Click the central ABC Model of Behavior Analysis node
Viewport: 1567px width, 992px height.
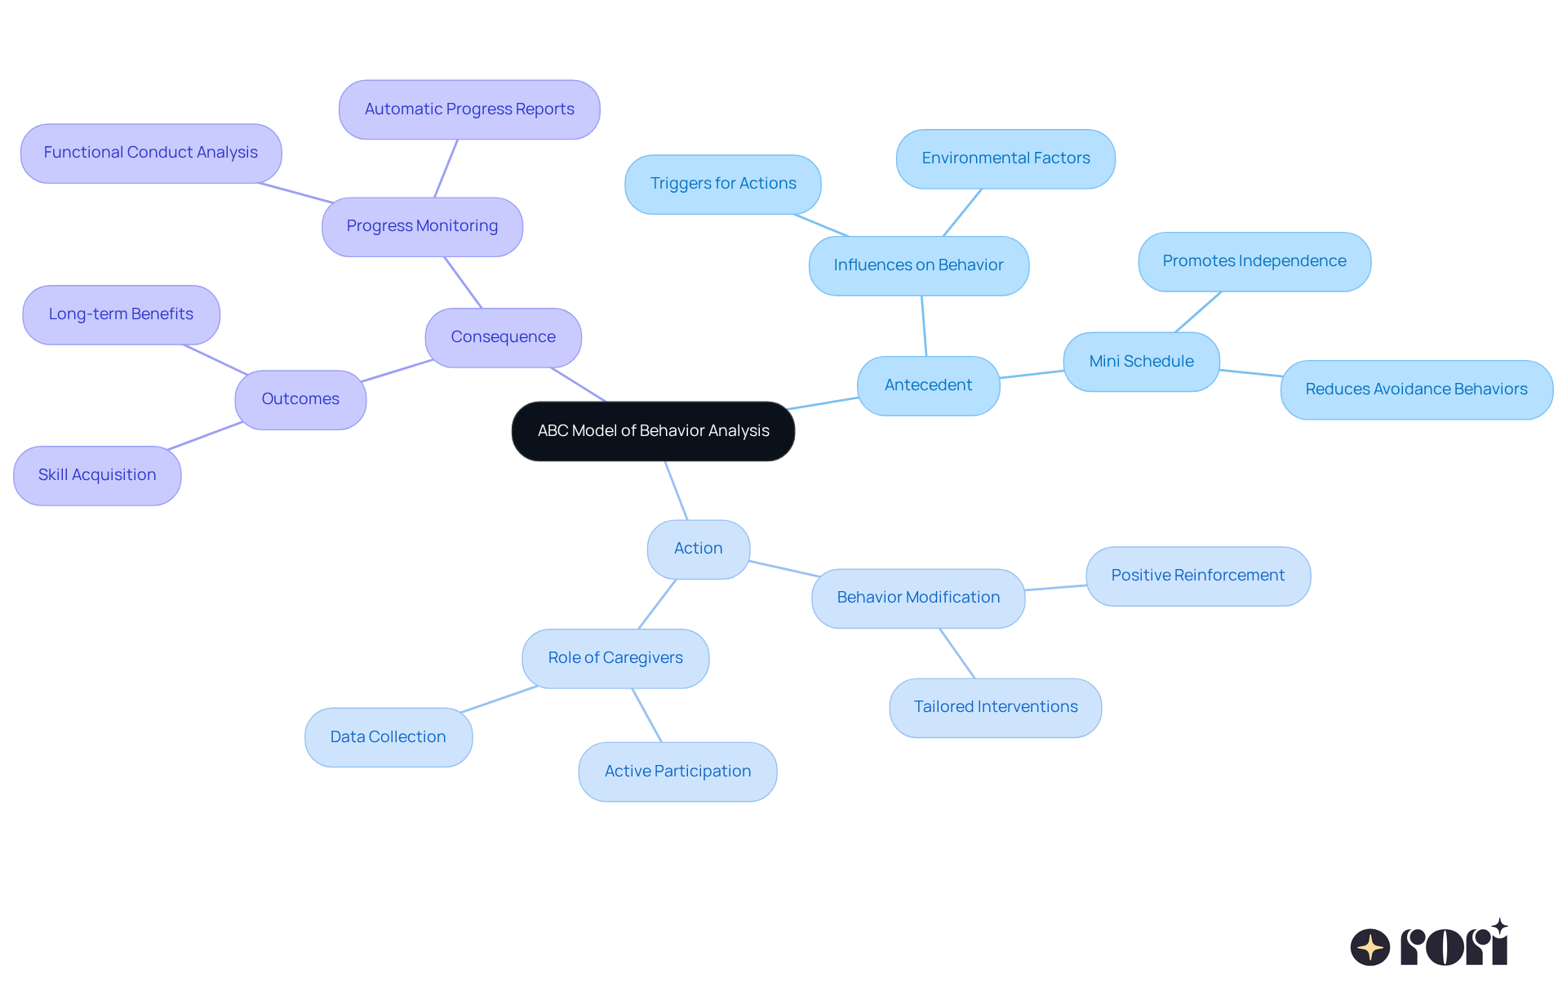click(653, 431)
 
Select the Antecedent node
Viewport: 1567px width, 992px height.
click(928, 385)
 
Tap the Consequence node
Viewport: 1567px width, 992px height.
click(503, 337)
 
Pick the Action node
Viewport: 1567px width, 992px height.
click(698, 549)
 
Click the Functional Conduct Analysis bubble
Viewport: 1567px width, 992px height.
click(151, 153)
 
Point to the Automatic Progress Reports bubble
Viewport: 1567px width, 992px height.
click(469, 109)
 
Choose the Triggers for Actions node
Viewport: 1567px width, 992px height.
click(722, 184)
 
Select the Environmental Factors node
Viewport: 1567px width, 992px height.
click(1005, 158)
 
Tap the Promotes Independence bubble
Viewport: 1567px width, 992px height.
click(1254, 261)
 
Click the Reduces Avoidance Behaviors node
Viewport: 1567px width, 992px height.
click(1416, 389)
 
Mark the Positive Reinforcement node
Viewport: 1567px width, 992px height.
click(1197, 576)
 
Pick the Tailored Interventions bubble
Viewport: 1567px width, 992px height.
click(995, 707)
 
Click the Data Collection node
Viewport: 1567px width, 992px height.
click(388, 737)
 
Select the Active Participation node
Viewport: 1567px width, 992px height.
click(677, 772)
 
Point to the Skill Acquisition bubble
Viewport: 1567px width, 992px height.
click(97, 475)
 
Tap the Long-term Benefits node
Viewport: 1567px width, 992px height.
click(121, 314)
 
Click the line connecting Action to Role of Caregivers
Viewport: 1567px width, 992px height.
click(657, 604)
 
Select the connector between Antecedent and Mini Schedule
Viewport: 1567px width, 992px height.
click(1032, 374)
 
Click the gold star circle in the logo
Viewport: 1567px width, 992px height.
click(1369, 947)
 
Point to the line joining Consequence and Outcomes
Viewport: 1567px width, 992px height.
click(397, 371)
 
